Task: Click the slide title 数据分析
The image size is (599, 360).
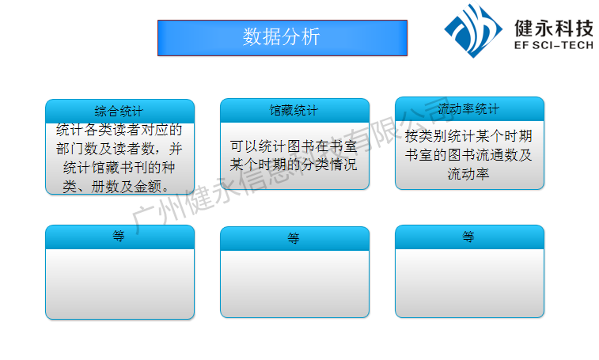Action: tap(282, 37)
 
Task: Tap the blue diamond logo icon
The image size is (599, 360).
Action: tap(473, 30)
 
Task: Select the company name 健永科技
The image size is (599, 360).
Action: tap(554, 28)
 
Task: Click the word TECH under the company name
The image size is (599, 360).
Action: tap(578, 45)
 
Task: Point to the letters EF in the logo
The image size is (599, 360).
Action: tap(521, 45)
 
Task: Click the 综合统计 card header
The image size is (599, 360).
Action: tap(119, 112)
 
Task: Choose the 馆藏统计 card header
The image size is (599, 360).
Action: tap(294, 111)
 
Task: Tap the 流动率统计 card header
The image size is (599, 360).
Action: tap(469, 109)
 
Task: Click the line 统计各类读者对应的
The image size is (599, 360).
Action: tap(119, 130)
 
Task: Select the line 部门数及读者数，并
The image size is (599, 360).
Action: tap(119, 149)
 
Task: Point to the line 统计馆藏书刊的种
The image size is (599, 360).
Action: tap(119, 168)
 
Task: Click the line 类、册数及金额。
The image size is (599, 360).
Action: tap(116, 187)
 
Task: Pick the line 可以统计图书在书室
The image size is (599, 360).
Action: tap(294, 146)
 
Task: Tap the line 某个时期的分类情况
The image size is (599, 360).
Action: tap(294, 165)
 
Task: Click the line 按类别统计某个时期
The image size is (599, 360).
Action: tap(468, 135)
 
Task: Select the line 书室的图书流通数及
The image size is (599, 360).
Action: tap(468, 155)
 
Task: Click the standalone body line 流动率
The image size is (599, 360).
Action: tap(468, 174)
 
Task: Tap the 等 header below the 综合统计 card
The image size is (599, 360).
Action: tap(119, 237)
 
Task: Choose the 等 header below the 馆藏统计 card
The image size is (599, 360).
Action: tap(294, 238)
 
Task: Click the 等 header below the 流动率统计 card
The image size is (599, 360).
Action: tap(468, 237)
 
